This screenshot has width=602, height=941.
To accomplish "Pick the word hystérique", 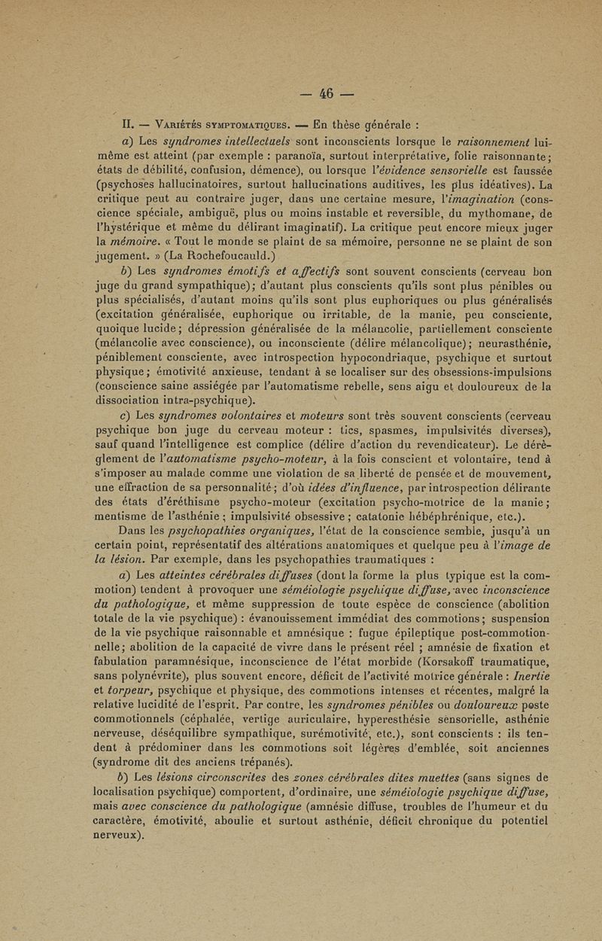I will [143, 218].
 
